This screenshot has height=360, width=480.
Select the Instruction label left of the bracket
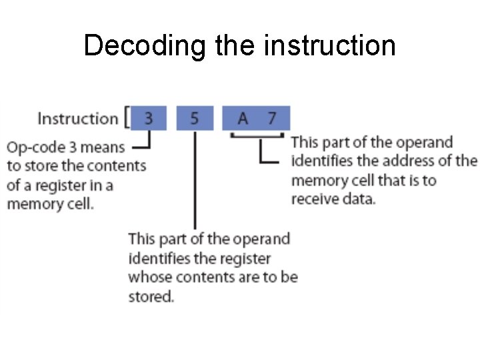coord(77,119)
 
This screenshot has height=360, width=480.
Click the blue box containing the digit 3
coord(148,118)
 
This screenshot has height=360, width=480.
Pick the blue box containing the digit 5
coord(194,118)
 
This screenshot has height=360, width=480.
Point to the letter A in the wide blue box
coord(243,119)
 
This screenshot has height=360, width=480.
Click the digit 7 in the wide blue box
coord(271,119)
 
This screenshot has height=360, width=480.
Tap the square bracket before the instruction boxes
coord(127,118)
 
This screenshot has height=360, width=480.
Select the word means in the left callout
coord(105,147)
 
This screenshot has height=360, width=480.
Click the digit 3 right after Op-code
coord(74,147)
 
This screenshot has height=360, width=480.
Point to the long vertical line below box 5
coord(194,180)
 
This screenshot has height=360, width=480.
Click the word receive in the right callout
coord(315,199)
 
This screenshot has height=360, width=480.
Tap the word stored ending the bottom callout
coord(151,296)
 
